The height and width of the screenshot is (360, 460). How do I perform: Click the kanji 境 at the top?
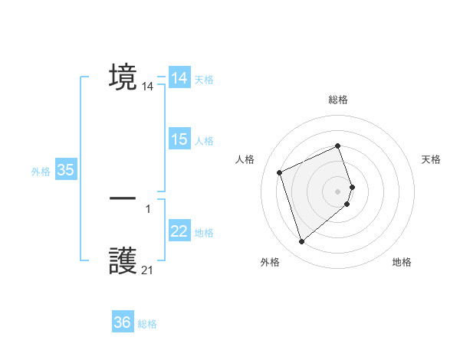coord(123,77)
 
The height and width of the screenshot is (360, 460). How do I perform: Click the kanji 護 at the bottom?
coord(123,261)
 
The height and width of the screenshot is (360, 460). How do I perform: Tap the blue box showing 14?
coord(179,78)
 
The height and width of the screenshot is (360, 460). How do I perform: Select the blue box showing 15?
coord(179,139)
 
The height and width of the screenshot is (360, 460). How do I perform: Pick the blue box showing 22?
coord(179,231)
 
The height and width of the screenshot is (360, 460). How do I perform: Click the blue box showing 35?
coord(65,170)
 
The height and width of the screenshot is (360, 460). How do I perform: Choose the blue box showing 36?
coord(123,322)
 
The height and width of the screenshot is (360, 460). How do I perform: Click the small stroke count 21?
coord(148,270)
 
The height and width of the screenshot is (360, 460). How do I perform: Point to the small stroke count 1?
coord(148,208)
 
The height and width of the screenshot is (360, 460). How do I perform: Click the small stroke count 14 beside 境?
coord(148,87)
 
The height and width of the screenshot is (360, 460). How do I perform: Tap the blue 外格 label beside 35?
coord(41,172)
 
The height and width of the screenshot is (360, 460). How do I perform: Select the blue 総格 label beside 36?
coord(147,324)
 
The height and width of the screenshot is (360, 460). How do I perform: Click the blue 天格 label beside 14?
coord(204,80)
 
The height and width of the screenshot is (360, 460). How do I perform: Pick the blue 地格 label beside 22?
coord(204,233)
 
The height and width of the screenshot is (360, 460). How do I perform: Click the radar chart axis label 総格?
coord(338,100)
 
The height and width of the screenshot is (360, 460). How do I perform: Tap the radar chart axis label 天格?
coord(431,159)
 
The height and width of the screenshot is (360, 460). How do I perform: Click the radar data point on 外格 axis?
coord(301,242)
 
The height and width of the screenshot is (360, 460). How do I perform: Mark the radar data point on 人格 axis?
coord(280,172)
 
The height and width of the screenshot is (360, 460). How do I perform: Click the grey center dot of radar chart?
coord(338,191)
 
